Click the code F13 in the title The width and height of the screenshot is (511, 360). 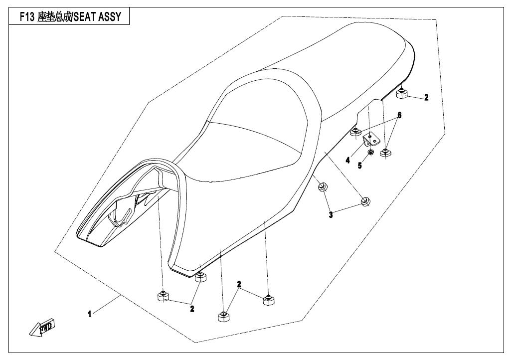[27, 16]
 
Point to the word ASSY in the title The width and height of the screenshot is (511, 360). [110, 16]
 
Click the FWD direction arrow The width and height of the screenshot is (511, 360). [42, 327]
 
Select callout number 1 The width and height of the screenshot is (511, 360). [89, 314]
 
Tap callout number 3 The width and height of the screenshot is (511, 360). [331, 215]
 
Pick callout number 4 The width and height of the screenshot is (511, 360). [347, 160]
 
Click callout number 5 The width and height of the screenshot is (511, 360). [360, 166]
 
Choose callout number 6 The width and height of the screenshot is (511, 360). [399, 115]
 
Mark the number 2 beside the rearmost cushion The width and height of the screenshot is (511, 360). [426, 97]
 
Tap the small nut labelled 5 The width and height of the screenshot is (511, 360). [370, 152]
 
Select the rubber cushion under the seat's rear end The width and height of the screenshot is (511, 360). [402, 93]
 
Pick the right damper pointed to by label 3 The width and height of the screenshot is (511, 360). [365, 201]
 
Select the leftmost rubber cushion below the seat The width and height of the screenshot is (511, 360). [163, 296]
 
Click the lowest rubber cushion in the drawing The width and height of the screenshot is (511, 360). [223, 317]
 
